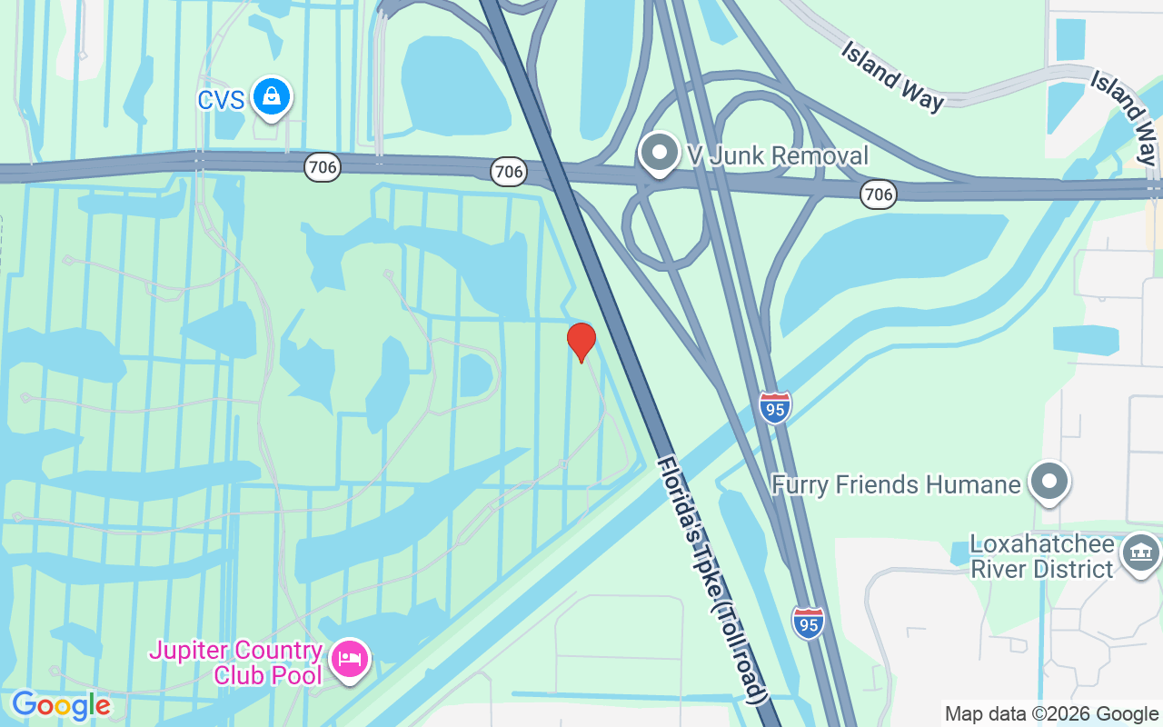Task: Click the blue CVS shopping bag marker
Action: pos(270,96)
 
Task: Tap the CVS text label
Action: pos(221,99)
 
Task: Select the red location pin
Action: pos(581,342)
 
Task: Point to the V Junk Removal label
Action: pos(778,155)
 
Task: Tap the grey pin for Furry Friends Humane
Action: pos(1049,481)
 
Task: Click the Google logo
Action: pos(61,705)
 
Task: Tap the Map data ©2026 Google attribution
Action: pos(1051,714)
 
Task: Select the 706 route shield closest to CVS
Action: pos(322,167)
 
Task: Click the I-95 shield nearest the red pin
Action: pos(775,407)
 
